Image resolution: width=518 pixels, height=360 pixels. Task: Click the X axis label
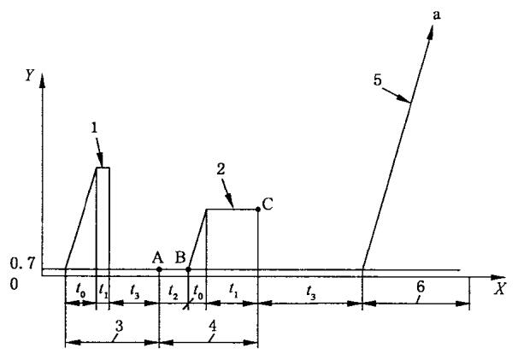pos(499,288)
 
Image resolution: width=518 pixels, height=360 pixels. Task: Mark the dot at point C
pos(258,210)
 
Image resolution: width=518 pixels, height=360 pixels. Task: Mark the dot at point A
pos(160,269)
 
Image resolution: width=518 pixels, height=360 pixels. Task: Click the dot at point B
pos(188,269)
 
